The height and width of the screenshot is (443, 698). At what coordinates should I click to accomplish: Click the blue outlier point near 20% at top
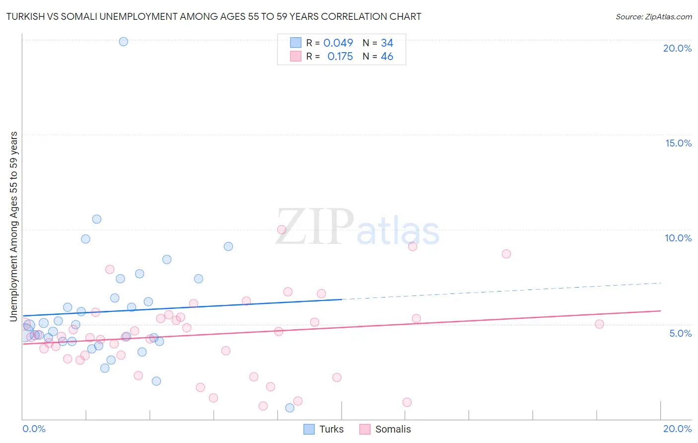coord(124,42)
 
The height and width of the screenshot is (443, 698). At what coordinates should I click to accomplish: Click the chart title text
coord(213,16)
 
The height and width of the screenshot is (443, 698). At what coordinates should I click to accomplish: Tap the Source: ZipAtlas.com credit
coord(653,16)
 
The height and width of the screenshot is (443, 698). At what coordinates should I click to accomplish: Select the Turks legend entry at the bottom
coord(324,429)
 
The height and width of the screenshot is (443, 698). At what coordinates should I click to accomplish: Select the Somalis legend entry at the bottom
coord(385,429)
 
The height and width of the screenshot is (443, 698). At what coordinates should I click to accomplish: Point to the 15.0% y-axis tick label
coord(678,143)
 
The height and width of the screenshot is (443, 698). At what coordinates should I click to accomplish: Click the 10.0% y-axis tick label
coord(678,238)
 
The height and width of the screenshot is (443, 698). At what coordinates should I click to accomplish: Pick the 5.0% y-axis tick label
coord(680,333)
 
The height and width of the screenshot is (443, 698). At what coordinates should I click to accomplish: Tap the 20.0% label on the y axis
coord(677,48)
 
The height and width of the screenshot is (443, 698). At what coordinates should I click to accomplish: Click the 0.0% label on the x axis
coord(34,429)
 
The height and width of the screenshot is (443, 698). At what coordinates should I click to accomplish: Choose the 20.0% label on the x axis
coord(677,429)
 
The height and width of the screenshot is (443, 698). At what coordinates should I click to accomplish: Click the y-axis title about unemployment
coord(13,226)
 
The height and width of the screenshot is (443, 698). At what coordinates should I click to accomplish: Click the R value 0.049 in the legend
coord(338,43)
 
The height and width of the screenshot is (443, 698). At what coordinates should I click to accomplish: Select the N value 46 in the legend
coord(387,57)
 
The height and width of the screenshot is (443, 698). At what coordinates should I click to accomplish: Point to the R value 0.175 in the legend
coord(340,57)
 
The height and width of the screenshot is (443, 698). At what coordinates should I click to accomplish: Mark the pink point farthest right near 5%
coord(599,324)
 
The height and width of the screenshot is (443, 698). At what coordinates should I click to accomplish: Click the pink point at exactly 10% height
coord(281,229)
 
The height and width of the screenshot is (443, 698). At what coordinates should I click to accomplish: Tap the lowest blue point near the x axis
coord(290,408)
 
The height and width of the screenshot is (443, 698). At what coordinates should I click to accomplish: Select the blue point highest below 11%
coord(97,219)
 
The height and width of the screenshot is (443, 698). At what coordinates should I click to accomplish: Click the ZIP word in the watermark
coord(314,227)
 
